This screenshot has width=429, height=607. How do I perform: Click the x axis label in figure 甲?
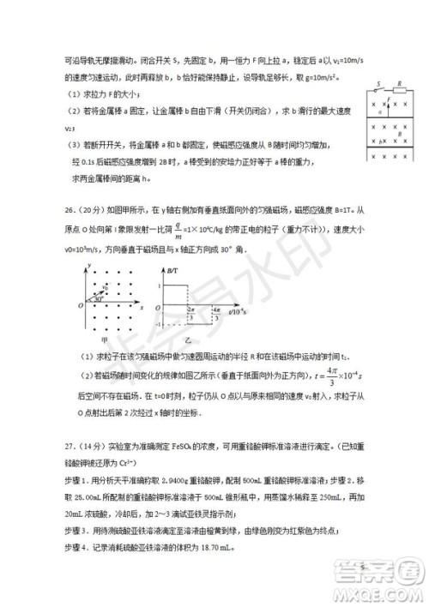[x=141, y=307]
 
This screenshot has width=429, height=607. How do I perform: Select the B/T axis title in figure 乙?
[x=172, y=270]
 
